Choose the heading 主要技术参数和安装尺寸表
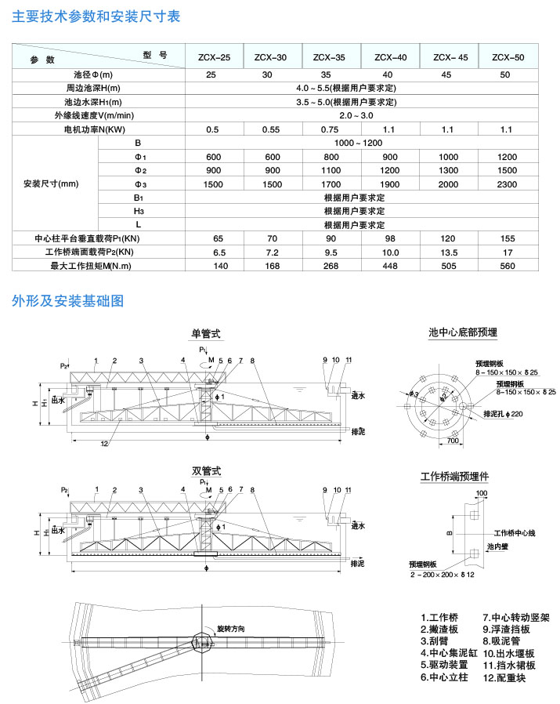click(x=96, y=16)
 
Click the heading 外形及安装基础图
click(x=68, y=300)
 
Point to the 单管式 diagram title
click(x=206, y=333)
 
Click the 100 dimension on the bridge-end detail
click(x=480, y=493)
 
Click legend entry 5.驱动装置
click(x=444, y=664)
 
